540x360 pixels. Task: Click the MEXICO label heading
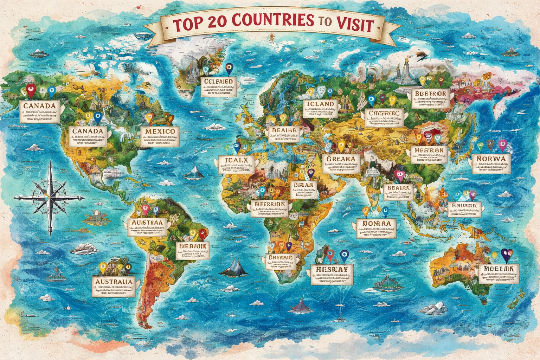[160, 131]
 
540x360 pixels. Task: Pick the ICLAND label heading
[320, 104]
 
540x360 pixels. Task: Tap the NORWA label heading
[491, 159]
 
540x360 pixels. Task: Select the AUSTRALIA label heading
[114, 281]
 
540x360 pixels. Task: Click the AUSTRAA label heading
[147, 223]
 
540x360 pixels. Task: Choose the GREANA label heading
[341, 159]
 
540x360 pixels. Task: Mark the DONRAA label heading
[377, 223]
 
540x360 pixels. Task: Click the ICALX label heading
[236, 160]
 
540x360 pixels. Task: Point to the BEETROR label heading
[430, 94]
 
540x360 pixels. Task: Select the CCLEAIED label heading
[218, 82]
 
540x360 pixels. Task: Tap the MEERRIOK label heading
[269, 204]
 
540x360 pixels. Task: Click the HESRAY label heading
[332, 269]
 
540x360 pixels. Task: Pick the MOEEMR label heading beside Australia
[499, 269]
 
